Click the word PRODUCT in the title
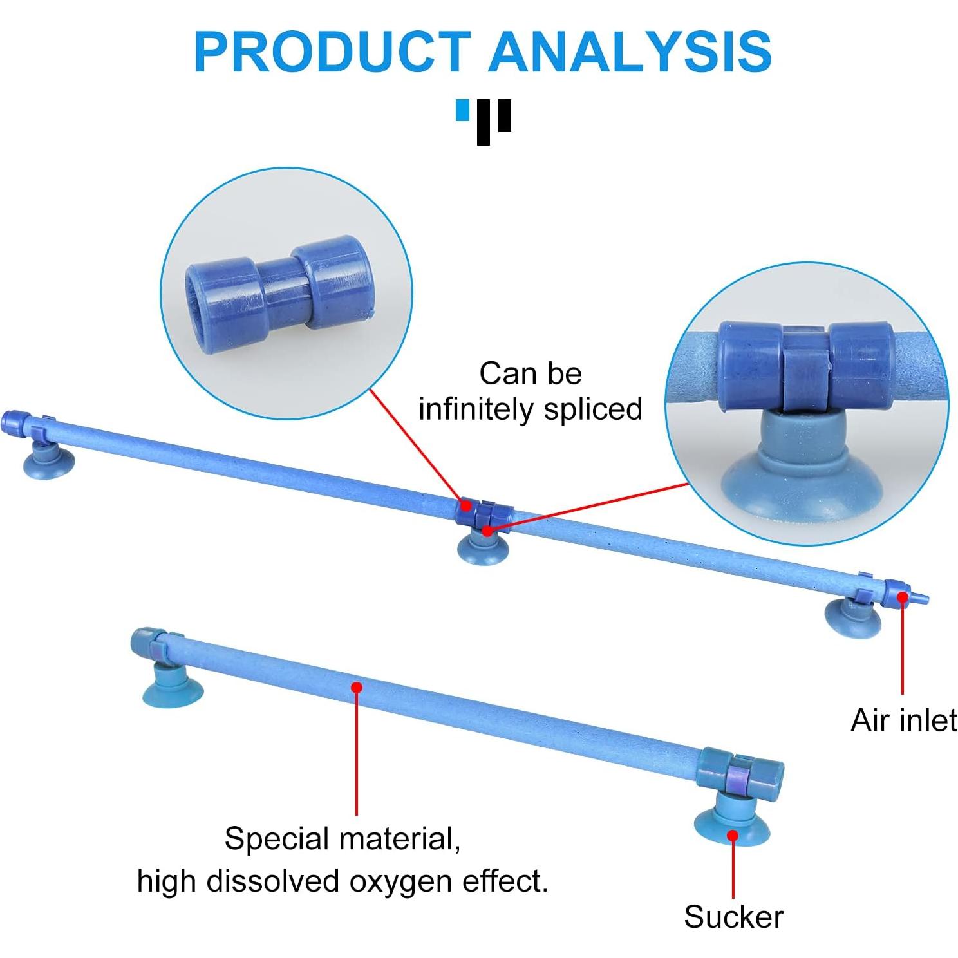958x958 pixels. point(332,51)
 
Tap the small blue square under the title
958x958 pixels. point(462,109)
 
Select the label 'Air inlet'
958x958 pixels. point(903,720)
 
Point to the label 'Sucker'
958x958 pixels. point(733,916)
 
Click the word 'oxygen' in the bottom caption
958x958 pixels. point(402,880)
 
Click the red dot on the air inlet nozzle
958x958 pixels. point(903,597)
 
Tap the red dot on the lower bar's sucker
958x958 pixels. point(732,835)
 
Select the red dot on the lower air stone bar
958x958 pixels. point(357,688)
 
